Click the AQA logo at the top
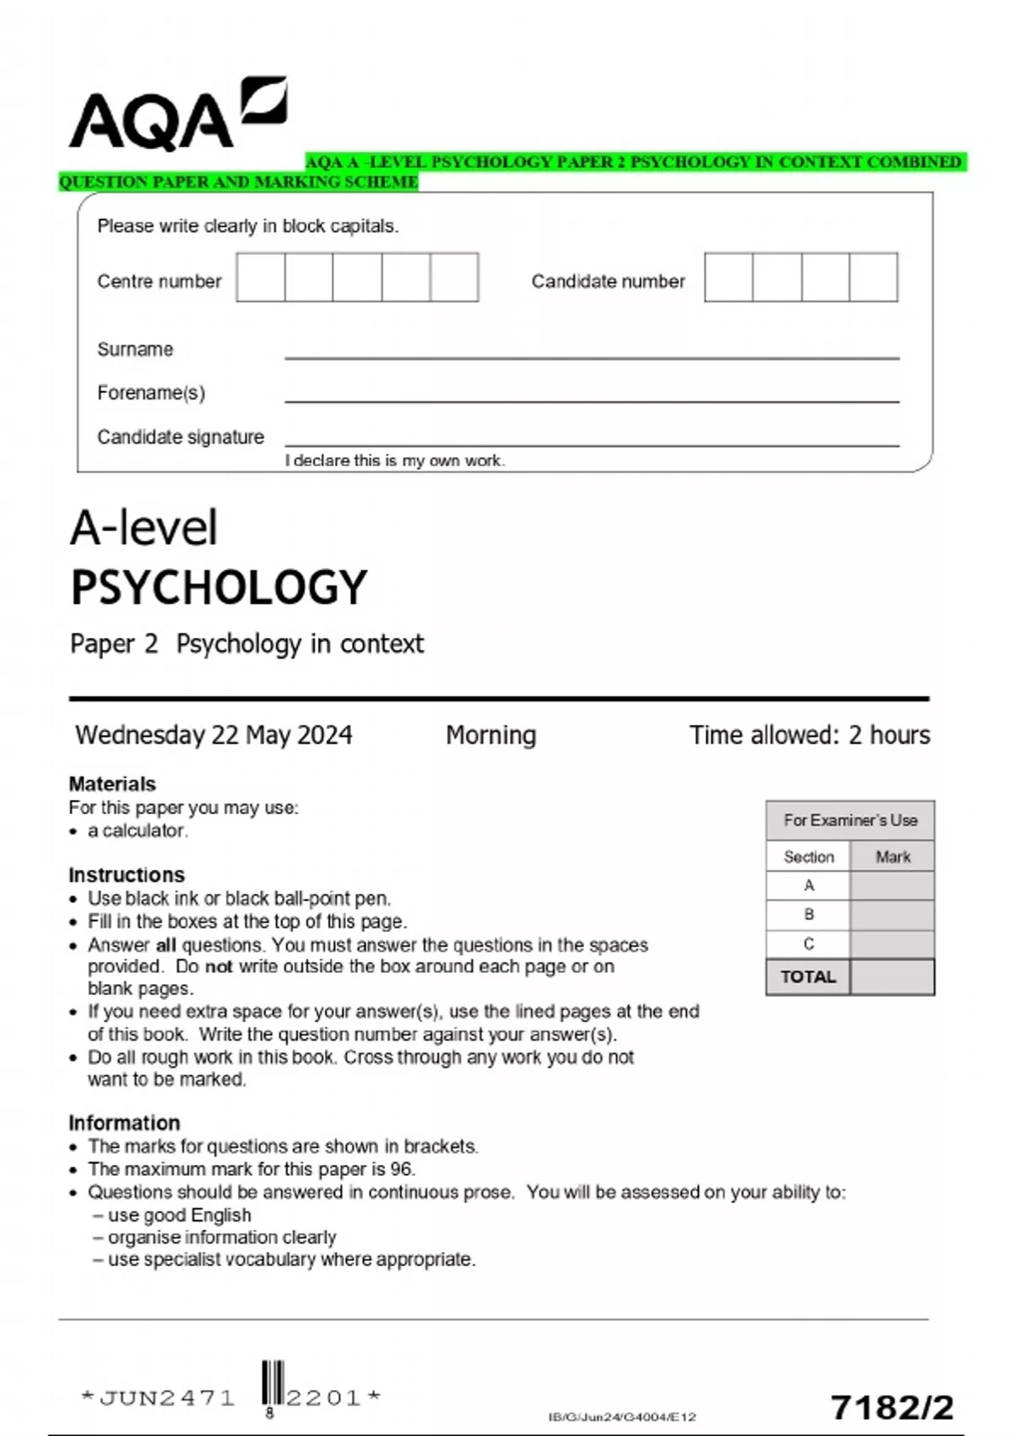(x=177, y=116)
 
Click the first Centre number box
(x=260, y=277)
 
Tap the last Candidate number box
(x=873, y=277)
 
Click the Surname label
(x=135, y=349)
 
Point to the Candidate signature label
(x=180, y=437)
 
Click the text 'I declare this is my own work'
(x=394, y=460)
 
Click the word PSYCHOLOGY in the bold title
(x=219, y=587)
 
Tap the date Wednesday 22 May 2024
(x=214, y=735)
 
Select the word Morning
(x=490, y=735)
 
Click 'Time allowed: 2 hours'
(x=809, y=735)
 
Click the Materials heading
(x=111, y=784)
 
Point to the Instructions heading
(x=126, y=874)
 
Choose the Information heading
(x=124, y=1123)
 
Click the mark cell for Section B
(x=891, y=915)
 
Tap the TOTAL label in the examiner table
(x=808, y=976)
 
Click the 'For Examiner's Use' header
(x=849, y=820)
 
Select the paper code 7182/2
(x=891, y=1407)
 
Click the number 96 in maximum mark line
(x=401, y=1169)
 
